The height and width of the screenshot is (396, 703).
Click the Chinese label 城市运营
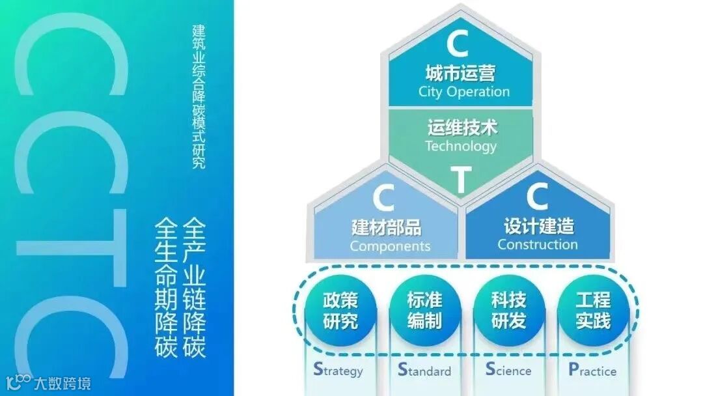(460, 72)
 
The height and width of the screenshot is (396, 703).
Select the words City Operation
(463, 91)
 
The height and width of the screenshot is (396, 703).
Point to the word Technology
(461, 145)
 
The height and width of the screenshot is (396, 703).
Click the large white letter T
(461, 180)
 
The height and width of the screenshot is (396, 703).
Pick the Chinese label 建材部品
(387, 227)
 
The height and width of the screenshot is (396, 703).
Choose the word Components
(390, 246)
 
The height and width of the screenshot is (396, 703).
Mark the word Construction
(538, 245)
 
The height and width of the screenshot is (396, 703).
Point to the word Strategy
(338, 371)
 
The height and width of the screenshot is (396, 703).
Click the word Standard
(424, 371)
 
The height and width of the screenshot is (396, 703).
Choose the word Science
(508, 371)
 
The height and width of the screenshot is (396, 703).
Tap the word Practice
(592, 371)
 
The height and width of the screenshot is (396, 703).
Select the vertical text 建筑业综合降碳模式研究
(199, 96)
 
